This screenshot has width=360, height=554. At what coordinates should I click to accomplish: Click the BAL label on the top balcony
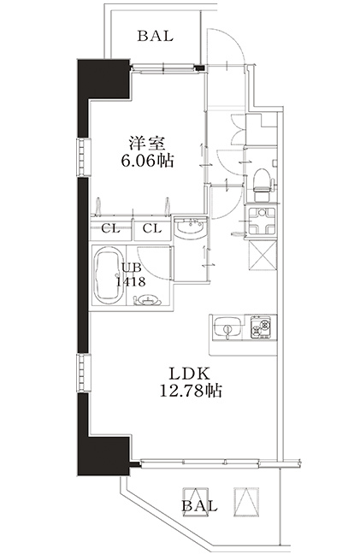155,36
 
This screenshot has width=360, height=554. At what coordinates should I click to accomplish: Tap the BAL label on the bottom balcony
199,506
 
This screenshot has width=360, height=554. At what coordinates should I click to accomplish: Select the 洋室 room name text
147,144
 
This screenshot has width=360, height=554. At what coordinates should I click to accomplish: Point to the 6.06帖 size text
147,161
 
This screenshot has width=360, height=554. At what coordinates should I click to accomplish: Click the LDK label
190,374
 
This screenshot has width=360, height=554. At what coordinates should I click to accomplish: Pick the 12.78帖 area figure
191,391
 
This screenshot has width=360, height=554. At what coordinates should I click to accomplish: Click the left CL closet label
110,228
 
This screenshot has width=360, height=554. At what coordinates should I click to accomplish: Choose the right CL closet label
152,228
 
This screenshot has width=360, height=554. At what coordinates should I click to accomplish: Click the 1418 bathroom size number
131,282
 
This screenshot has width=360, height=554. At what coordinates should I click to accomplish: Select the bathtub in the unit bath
109,274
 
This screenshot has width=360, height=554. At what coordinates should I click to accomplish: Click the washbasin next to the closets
191,227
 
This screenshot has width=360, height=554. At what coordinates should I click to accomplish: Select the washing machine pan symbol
262,221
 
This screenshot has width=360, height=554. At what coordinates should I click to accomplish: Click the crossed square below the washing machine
263,255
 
